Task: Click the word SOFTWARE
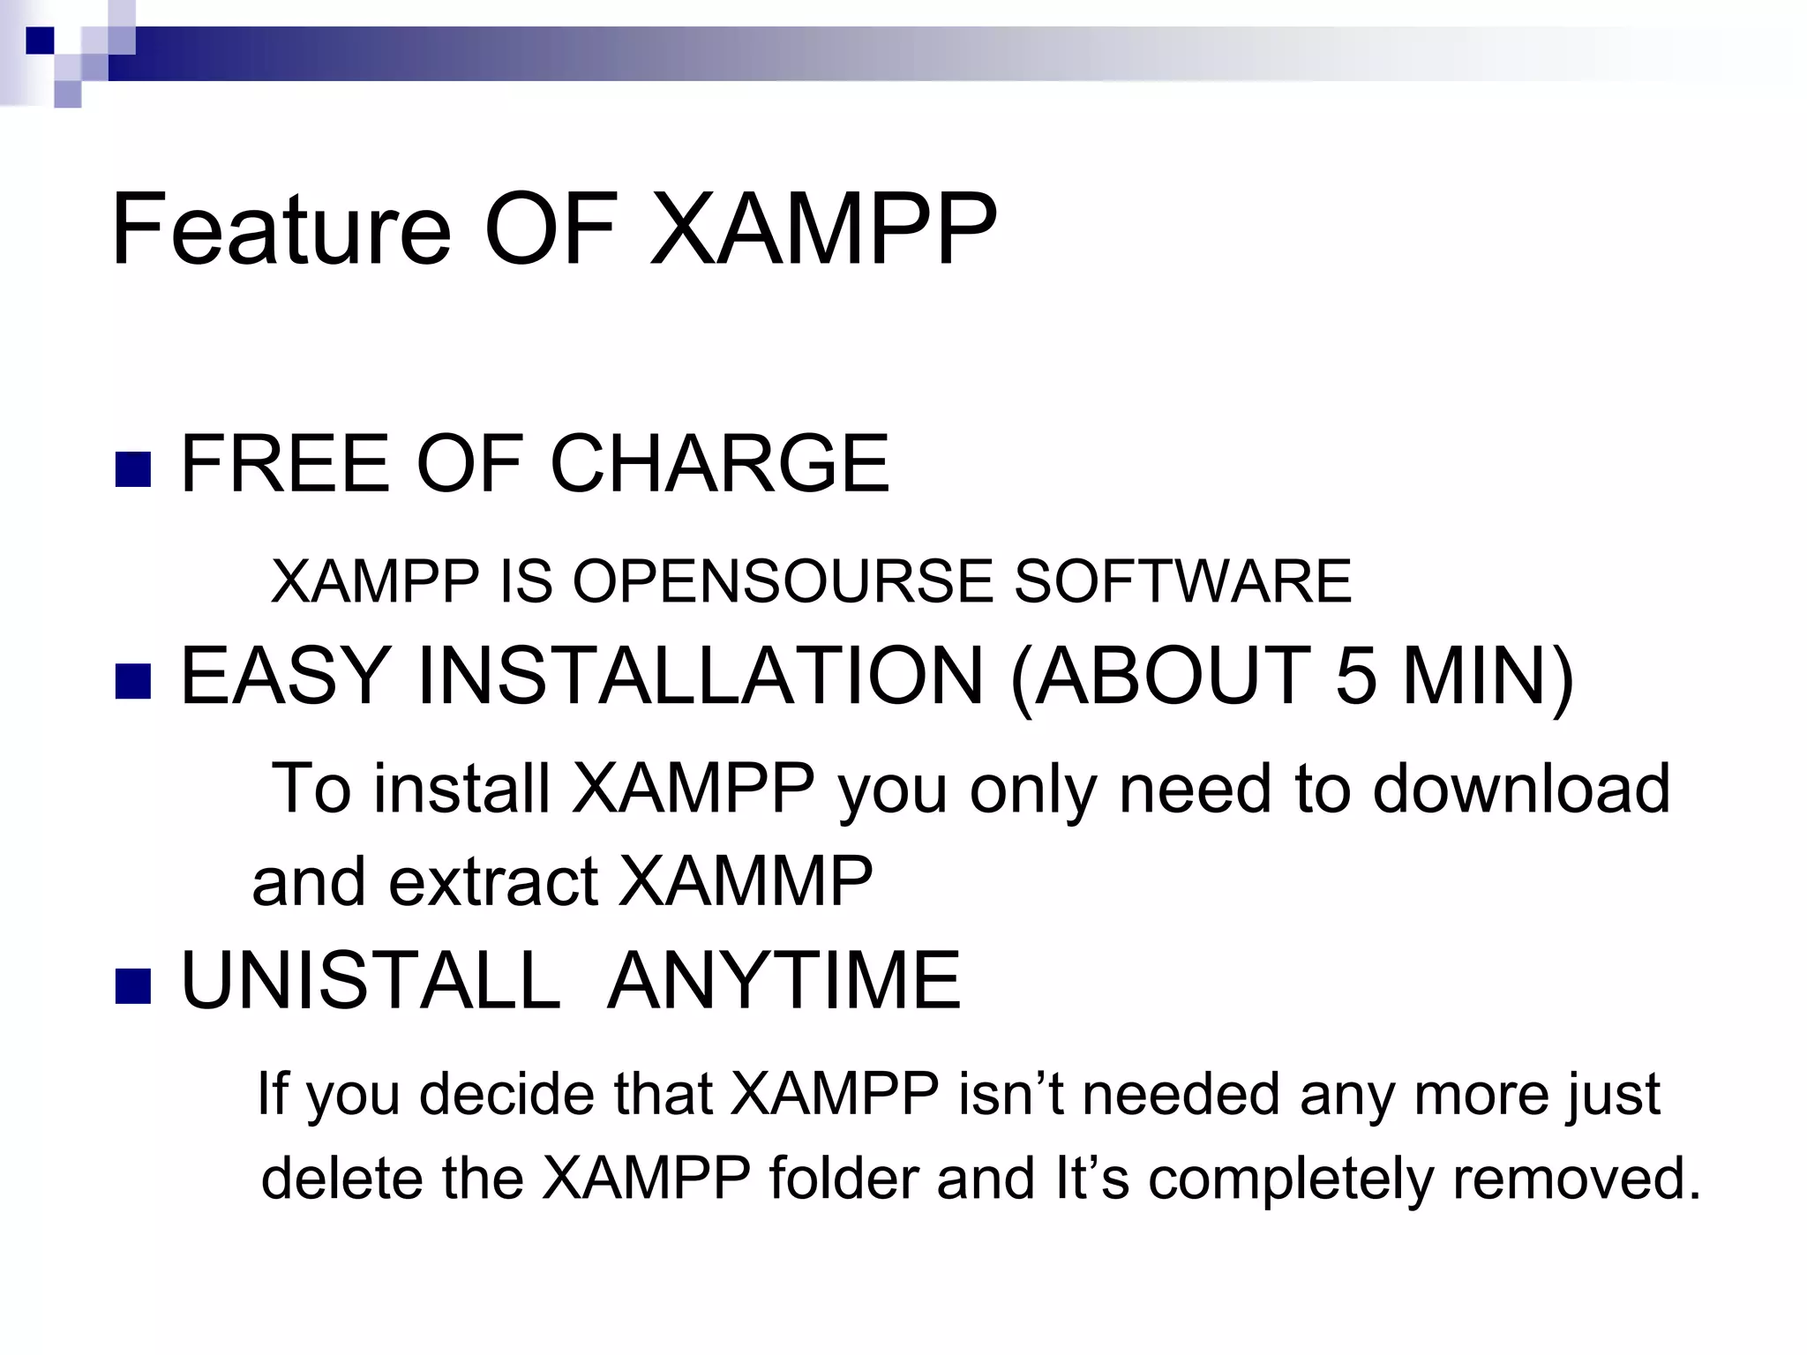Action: click(1182, 581)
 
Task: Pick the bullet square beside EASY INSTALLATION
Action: click(133, 680)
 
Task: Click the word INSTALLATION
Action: click(700, 677)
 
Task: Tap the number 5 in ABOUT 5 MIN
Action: click(1355, 677)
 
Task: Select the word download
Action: click(1521, 788)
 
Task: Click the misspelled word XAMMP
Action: click(746, 881)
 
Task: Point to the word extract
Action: click(493, 881)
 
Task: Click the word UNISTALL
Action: click(371, 981)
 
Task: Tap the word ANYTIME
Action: click(784, 981)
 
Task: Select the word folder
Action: click(844, 1179)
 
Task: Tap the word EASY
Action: click(285, 677)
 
